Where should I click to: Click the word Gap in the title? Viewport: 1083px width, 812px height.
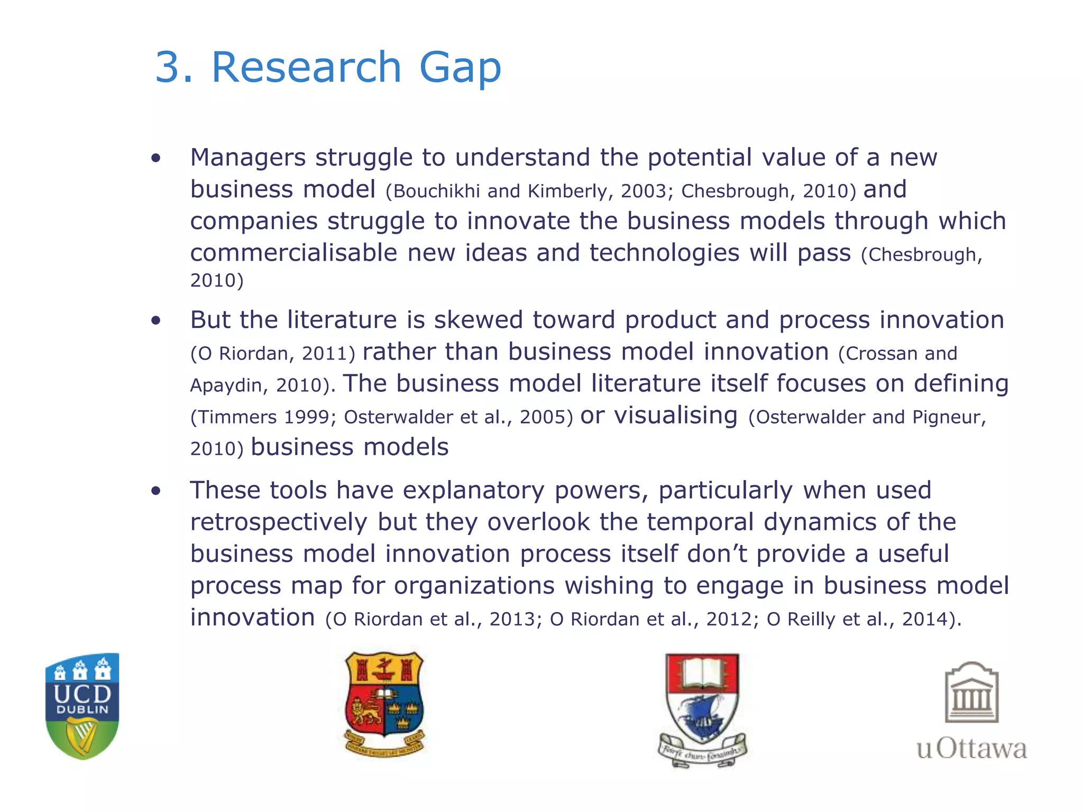coord(460,69)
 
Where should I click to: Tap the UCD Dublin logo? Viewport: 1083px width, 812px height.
coord(82,706)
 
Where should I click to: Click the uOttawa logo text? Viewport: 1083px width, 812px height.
coord(971,749)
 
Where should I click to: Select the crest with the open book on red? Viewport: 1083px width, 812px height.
coord(702,708)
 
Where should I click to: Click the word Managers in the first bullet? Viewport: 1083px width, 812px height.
coord(248,158)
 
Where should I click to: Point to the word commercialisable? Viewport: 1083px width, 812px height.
coord(293,253)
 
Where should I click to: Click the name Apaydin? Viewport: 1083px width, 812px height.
coord(225,385)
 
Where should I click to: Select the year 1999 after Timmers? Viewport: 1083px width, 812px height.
coord(307,417)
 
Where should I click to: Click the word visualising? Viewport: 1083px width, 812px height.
coord(675,416)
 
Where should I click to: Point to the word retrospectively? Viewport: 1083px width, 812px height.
coord(279,523)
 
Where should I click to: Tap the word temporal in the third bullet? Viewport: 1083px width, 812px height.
coord(700,523)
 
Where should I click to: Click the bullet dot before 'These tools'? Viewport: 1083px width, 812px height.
coord(155,491)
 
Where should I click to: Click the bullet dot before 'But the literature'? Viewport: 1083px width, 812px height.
coord(155,320)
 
